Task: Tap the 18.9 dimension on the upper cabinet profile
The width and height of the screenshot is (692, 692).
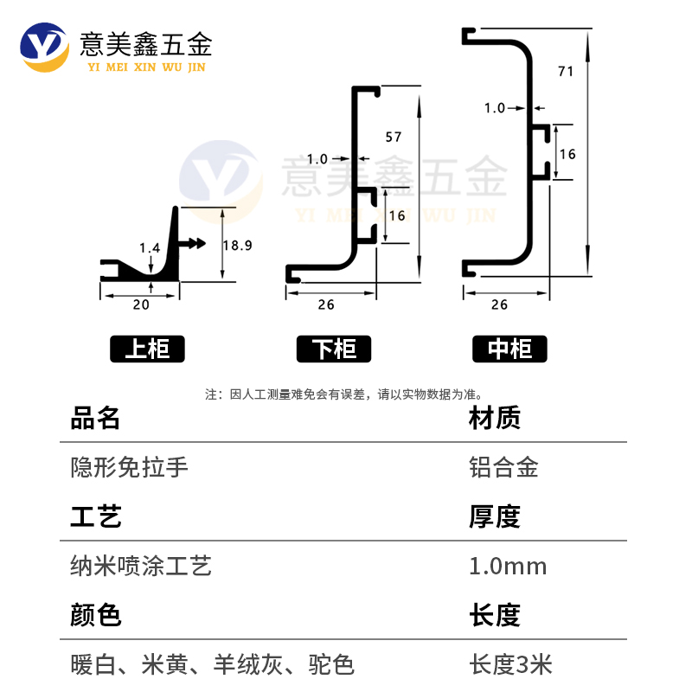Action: [x=237, y=246]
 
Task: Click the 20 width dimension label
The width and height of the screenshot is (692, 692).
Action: [x=141, y=304]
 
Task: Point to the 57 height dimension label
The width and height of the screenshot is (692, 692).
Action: [x=394, y=137]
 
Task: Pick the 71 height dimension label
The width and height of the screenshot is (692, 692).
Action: [x=567, y=72]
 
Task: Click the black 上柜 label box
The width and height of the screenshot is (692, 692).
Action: [x=147, y=349]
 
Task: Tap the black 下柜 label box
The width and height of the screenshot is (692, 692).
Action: [x=333, y=349]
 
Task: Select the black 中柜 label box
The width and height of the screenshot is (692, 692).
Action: [x=509, y=349]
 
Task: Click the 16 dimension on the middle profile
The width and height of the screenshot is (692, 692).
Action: [x=397, y=215]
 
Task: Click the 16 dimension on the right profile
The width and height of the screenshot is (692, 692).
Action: [x=568, y=153]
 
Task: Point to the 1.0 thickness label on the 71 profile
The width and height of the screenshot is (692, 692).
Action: [x=495, y=108]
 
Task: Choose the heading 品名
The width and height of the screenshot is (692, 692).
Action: [x=95, y=419]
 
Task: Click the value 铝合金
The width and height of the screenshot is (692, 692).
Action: [x=503, y=468]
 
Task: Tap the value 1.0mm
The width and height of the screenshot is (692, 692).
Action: [x=508, y=567]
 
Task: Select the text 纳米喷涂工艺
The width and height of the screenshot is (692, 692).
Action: [x=141, y=567]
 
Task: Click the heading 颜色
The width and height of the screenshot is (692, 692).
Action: [x=95, y=616]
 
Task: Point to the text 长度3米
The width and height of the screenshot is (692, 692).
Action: [x=510, y=665]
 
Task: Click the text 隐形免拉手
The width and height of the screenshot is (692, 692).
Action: [x=129, y=468]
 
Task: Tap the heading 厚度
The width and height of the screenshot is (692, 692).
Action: [x=494, y=517]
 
